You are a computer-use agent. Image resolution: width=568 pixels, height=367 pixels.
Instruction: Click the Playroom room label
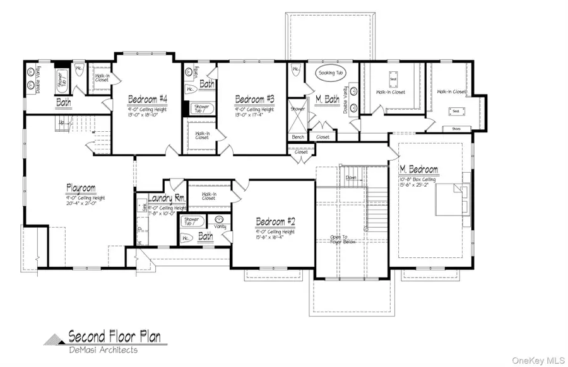[81, 188]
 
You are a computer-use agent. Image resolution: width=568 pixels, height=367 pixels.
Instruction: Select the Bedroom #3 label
[255, 99]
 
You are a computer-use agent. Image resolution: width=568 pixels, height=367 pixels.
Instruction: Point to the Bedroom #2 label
[275, 221]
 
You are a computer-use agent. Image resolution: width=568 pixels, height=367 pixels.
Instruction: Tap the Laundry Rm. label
[167, 198]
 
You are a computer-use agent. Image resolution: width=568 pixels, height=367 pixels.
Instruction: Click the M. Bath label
[328, 99]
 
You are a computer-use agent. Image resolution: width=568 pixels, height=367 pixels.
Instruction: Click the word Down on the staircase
[352, 178]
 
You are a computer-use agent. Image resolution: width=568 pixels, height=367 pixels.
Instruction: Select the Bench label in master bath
[299, 136]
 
